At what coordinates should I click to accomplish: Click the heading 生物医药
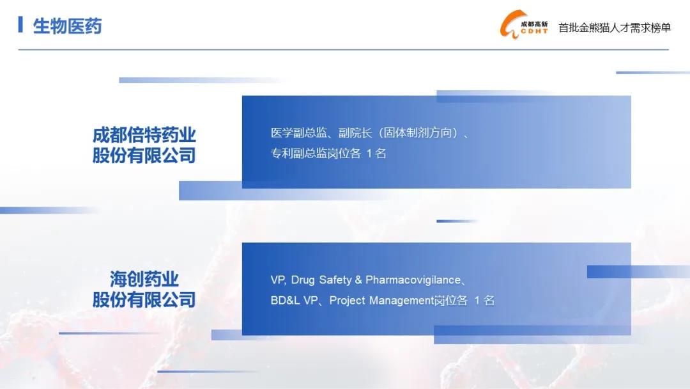tap(67, 26)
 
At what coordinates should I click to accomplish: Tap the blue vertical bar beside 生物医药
tap(20, 24)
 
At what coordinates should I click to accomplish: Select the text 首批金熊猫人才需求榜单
tap(615, 28)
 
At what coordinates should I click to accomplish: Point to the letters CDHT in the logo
tap(534, 31)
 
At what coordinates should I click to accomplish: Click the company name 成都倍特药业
tap(144, 135)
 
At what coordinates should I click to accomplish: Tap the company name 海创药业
tap(144, 280)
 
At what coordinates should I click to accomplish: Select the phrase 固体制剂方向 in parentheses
tap(418, 132)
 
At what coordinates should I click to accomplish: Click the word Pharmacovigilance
tap(413, 280)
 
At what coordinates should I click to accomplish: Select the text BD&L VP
tap(294, 301)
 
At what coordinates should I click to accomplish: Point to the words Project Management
tap(381, 301)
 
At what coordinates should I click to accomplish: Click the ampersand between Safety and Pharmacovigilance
tap(358, 280)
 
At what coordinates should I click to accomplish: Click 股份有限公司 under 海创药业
tap(144, 299)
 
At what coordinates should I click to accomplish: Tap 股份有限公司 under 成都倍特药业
tap(144, 155)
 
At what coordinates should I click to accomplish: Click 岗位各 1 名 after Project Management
tap(464, 301)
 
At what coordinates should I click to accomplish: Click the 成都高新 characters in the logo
tap(534, 24)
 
